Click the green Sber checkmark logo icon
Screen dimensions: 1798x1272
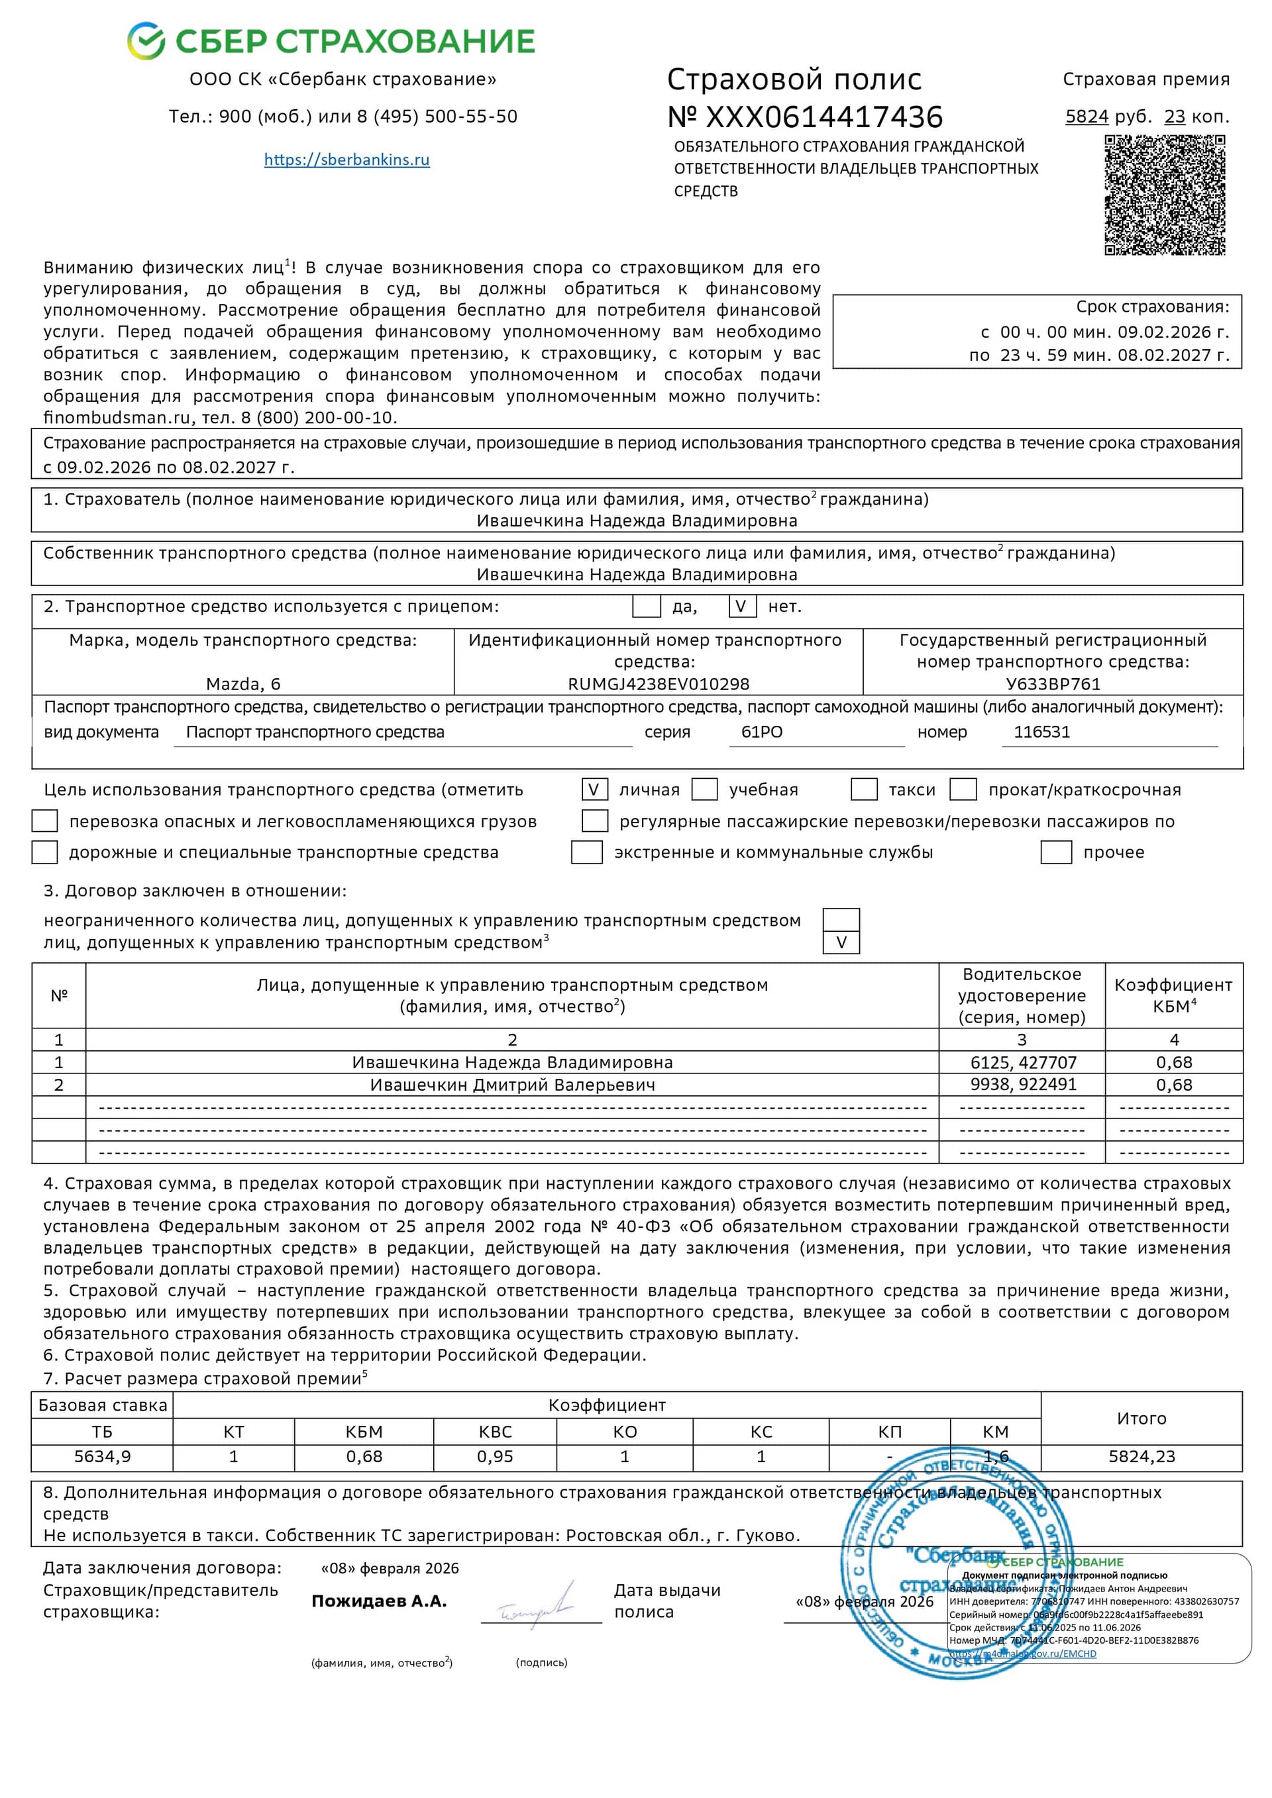point(146,40)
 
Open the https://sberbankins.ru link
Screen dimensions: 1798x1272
point(346,160)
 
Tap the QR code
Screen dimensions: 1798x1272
point(1164,194)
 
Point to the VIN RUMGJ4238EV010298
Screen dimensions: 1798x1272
point(658,683)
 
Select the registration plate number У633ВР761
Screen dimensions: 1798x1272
point(1053,683)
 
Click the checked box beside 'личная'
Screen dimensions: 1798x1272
point(594,789)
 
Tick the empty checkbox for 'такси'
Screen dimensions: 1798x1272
point(863,789)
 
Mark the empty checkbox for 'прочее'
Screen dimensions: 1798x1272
point(1055,852)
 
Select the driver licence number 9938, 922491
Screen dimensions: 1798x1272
point(1023,1085)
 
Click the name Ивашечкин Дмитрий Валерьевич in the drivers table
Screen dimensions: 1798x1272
point(512,1085)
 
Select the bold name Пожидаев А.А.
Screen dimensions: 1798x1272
point(379,1601)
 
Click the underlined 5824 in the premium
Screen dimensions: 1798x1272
point(1086,117)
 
